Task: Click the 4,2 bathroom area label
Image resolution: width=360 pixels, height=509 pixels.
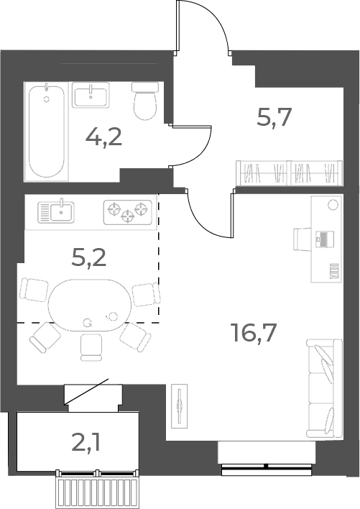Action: pyautogui.click(x=103, y=137)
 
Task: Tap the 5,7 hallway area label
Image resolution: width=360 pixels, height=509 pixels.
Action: pyautogui.click(x=274, y=117)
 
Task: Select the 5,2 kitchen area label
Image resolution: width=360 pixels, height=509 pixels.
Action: pyautogui.click(x=88, y=258)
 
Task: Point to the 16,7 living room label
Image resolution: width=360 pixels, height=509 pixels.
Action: pyautogui.click(x=254, y=333)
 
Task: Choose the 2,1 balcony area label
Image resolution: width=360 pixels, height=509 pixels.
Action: pyautogui.click(x=86, y=443)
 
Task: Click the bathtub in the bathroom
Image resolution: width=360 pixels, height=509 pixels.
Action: pyautogui.click(x=47, y=132)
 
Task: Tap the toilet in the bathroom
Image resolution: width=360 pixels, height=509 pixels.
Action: pyautogui.click(x=145, y=101)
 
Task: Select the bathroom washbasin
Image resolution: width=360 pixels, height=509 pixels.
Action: pyautogui.click(x=91, y=95)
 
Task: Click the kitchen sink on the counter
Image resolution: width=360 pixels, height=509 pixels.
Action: pyautogui.click(x=56, y=212)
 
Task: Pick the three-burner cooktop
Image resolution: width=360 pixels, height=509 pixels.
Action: pyautogui.click(x=128, y=213)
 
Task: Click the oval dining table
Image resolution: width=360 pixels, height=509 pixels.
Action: pyautogui.click(x=90, y=305)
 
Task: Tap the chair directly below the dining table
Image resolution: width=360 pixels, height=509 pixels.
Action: pyautogui.click(x=91, y=347)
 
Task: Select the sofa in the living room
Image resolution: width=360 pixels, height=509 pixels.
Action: pyautogui.click(x=324, y=388)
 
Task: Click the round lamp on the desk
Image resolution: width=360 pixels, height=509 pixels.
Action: pyautogui.click(x=333, y=205)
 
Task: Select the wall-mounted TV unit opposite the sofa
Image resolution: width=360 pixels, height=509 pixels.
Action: pyautogui.click(x=179, y=406)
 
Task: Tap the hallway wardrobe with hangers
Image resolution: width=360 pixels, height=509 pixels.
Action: pyautogui.click(x=290, y=173)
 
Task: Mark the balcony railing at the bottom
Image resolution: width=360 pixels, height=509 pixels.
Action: pyautogui.click(x=97, y=489)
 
